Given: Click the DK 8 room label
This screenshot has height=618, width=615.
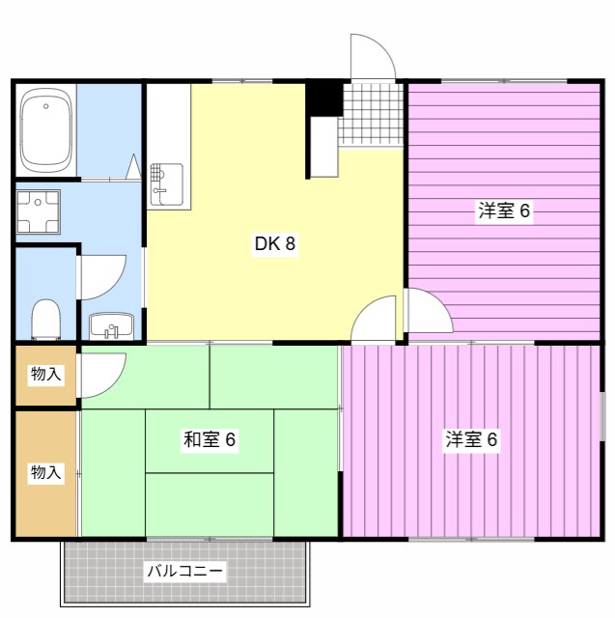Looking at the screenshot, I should pyautogui.click(x=274, y=244).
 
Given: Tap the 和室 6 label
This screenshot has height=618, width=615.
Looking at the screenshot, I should pyautogui.click(x=210, y=440).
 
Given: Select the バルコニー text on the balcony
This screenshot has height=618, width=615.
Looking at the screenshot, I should pyautogui.click(x=185, y=572).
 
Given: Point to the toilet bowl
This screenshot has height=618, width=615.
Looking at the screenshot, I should pyautogui.click(x=45, y=318).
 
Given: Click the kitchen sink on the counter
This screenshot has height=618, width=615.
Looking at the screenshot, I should pyautogui.click(x=166, y=183).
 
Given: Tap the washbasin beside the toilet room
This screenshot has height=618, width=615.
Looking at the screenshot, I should pyautogui.click(x=112, y=326).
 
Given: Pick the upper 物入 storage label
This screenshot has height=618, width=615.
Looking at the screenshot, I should pyautogui.click(x=45, y=374).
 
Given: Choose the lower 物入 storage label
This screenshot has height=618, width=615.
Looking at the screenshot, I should pyautogui.click(x=45, y=472).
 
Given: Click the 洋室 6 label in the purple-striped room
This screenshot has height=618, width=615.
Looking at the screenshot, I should pyautogui.click(x=504, y=211).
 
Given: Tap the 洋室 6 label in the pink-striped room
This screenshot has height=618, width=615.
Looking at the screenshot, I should pyautogui.click(x=471, y=440).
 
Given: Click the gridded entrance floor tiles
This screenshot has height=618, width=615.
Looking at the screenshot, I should pyautogui.click(x=370, y=113).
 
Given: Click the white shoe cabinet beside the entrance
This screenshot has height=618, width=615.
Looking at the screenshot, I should pyautogui.click(x=324, y=146).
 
